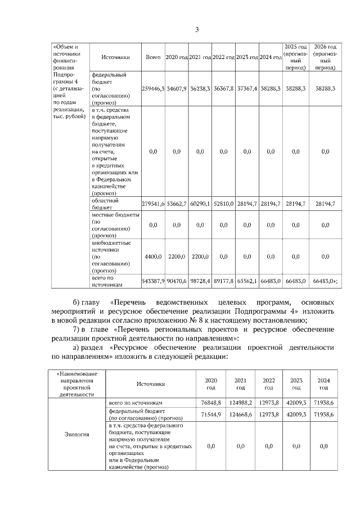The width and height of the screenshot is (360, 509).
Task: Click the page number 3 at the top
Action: pyautogui.click(x=197, y=29)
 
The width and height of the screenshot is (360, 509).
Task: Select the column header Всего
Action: pyautogui.click(x=153, y=57)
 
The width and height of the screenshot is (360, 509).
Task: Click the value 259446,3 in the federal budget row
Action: pyautogui.click(x=153, y=89)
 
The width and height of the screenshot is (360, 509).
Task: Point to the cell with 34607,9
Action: pyautogui.click(x=176, y=89)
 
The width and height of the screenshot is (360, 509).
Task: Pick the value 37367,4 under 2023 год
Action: pyautogui.click(x=247, y=89)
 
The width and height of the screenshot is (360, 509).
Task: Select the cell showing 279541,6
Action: pyautogui.click(x=153, y=204)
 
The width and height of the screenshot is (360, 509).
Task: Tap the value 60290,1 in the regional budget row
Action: pyautogui.click(x=200, y=204)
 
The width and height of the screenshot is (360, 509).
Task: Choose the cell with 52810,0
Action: pyautogui.click(x=223, y=204)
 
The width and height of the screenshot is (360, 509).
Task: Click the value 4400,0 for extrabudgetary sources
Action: pyautogui.click(x=153, y=256)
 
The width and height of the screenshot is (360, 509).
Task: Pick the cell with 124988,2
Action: pyautogui.click(x=240, y=404)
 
